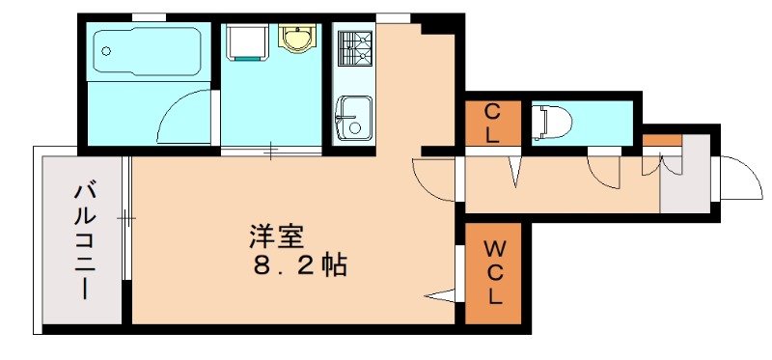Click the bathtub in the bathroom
pyautogui.click(x=148, y=52)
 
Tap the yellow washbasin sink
pyautogui.click(x=296, y=39)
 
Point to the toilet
pyautogui.click(x=552, y=121)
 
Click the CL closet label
pyautogui.click(x=492, y=123)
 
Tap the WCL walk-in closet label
pyautogui.click(x=493, y=273)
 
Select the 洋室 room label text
pyautogui.click(x=277, y=235)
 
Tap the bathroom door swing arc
pyautogui.click(x=183, y=117)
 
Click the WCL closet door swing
pyautogui.click(x=442, y=293)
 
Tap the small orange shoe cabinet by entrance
pyautogui.click(x=662, y=142)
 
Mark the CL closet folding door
pyautogui.click(x=515, y=169)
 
